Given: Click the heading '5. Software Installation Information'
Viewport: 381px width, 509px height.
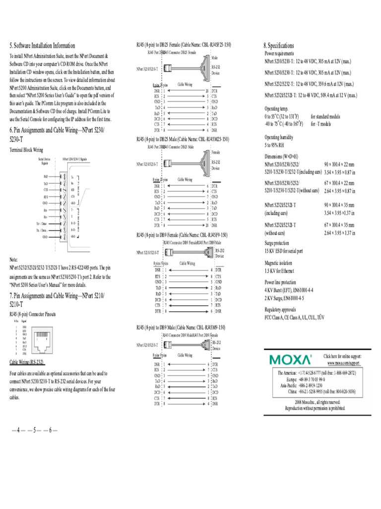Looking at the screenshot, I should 43,45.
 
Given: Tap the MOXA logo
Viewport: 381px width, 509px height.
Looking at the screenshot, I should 291,359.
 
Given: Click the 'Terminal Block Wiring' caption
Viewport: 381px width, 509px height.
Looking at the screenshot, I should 26,149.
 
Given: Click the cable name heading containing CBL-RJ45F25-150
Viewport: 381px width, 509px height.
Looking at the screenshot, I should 184,45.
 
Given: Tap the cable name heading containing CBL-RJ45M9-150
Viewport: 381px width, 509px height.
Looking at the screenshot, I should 181,328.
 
